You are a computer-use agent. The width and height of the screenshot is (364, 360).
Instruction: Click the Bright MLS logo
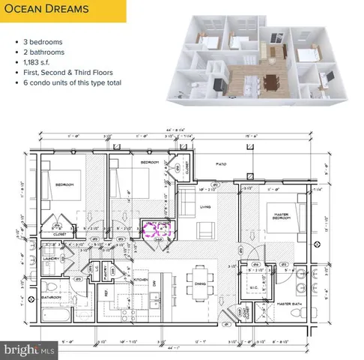tap(28, 349)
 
